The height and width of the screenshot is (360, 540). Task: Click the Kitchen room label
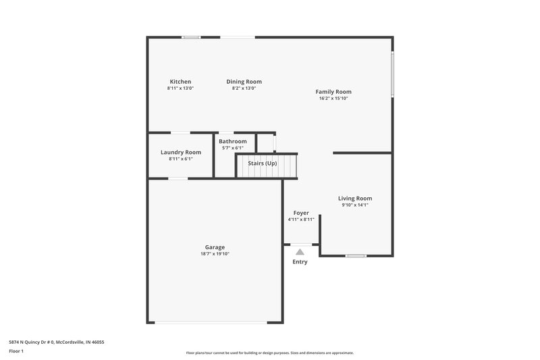(180, 82)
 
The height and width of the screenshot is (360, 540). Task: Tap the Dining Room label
(244, 82)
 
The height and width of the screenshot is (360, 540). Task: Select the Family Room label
(333, 92)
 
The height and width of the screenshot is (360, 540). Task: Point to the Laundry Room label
(181, 153)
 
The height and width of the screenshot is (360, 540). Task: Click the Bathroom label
(233, 141)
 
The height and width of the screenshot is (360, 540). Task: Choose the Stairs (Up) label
(263, 163)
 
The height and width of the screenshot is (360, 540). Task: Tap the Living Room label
(355, 199)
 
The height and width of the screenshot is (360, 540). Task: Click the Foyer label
(301, 213)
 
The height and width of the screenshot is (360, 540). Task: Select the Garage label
(215, 247)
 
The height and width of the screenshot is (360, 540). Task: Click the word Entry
(300, 262)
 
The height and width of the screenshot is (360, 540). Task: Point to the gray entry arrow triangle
(300, 251)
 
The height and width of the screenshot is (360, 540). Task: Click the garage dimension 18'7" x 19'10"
(215, 254)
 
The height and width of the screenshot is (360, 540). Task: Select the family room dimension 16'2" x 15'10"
(333, 99)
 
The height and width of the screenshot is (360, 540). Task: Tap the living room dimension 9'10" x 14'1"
(355, 205)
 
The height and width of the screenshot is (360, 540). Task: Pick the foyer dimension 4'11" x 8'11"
(301, 220)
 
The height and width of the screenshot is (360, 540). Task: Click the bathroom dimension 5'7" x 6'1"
(233, 148)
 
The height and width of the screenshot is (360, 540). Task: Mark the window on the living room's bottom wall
(356, 255)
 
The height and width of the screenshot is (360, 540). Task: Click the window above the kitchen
(191, 37)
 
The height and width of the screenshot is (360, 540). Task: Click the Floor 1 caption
(16, 351)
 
